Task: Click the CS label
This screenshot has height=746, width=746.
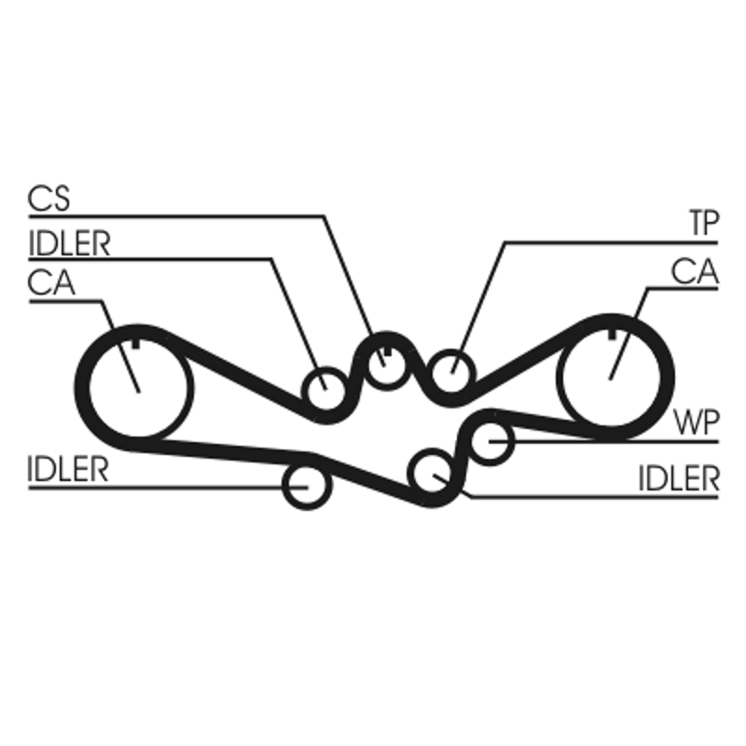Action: click(x=49, y=198)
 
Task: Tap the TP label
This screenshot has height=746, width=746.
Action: click(x=704, y=223)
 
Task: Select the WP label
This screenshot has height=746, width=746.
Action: click(x=696, y=421)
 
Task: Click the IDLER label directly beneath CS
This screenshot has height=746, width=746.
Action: click(x=69, y=243)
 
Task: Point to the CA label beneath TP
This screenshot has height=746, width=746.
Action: click(x=695, y=271)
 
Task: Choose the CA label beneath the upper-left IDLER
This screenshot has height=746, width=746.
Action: click(x=51, y=283)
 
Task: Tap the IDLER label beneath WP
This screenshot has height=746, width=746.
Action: click(x=679, y=478)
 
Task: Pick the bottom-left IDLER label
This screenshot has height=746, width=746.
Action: click(x=68, y=469)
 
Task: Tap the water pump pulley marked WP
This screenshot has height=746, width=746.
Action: click(x=490, y=440)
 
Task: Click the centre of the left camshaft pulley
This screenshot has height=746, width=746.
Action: click(x=138, y=388)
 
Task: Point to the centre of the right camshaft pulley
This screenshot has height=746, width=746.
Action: click(x=611, y=377)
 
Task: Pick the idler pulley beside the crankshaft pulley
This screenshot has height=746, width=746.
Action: click(x=325, y=391)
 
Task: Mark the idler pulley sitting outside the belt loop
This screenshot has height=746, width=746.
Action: click(x=307, y=486)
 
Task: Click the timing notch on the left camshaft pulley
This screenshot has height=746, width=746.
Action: click(x=136, y=344)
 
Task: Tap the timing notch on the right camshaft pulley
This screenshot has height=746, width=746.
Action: click(x=613, y=335)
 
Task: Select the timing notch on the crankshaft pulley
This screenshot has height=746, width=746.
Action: click(x=387, y=352)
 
